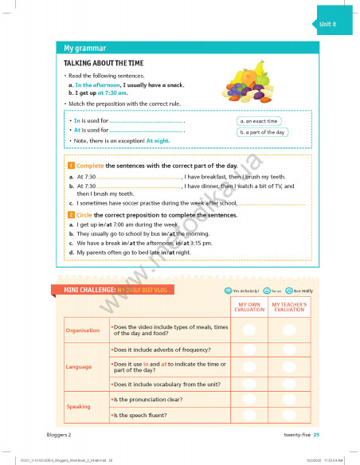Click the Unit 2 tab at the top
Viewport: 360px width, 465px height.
tap(326, 25)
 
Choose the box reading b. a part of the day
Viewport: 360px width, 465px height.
tap(263, 132)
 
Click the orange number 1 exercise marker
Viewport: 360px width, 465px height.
tap(71, 165)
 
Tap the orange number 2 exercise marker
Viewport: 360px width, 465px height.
tap(71, 215)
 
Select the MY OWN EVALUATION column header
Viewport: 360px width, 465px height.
tap(249, 307)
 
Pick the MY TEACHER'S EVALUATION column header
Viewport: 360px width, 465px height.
tap(288, 307)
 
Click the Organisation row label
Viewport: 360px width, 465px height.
tap(83, 330)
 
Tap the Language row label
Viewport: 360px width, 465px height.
tap(79, 366)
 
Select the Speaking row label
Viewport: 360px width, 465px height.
tap(79, 406)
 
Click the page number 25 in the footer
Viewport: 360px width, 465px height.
tap(316, 434)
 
